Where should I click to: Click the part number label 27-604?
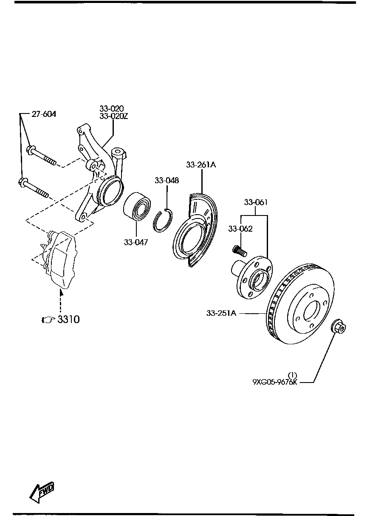click(x=44, y=114)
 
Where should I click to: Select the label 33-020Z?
click(x=113, y=116)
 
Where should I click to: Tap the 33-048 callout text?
click(x=167, y=180)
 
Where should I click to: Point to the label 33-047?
click(x=136, y=242)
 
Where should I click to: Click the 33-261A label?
click(x=201, y=165)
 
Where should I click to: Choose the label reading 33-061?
click(x=256, y=202)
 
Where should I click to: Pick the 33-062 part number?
click(x=240, y=229)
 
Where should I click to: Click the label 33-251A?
click(x=221, y=313)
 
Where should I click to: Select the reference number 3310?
click(x=68, y=319)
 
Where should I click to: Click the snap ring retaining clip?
click(x=162, y=221)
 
